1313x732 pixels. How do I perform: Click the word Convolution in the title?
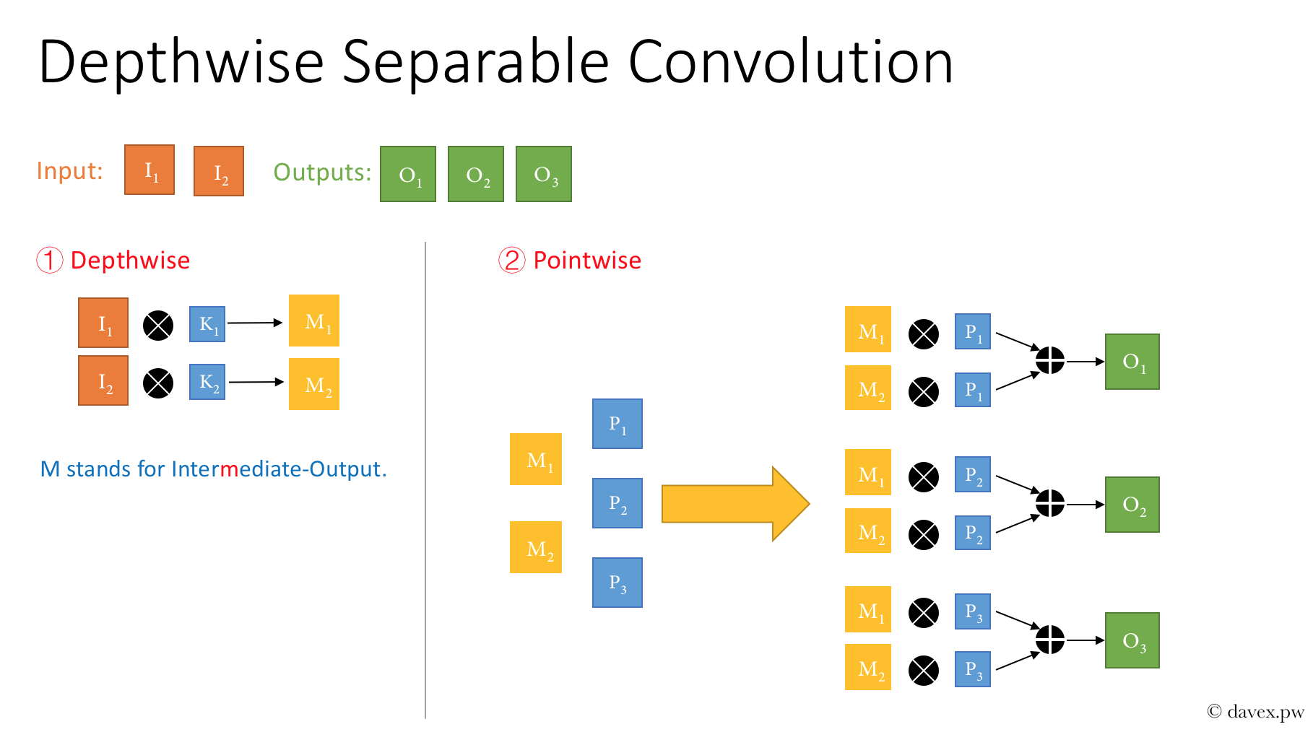(790, 62)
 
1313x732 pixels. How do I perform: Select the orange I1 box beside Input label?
(149, 170)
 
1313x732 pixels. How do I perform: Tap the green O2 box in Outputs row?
(475, 174)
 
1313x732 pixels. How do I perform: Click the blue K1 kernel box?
(207, 324)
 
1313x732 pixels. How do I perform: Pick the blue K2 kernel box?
(207, 382)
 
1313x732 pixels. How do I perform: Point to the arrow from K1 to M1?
(254, 323)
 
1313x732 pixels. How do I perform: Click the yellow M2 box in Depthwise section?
(314, 384)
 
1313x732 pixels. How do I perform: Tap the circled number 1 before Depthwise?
(50, 260)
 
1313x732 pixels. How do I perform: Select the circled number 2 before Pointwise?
(511, 260)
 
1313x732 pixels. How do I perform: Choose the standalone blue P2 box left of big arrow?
(617, 503)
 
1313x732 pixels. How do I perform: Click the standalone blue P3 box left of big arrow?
(617, 583)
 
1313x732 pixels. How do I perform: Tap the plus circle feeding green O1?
(1049, 360)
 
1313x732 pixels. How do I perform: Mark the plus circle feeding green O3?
(1049, 640)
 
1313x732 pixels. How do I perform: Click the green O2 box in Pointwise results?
(1132, 505)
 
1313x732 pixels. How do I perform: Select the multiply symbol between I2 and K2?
(158, 383)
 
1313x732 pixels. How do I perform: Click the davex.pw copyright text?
(1256, 712)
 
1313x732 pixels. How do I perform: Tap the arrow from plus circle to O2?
(1085, 504)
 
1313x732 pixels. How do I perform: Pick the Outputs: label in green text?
(322, 173)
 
